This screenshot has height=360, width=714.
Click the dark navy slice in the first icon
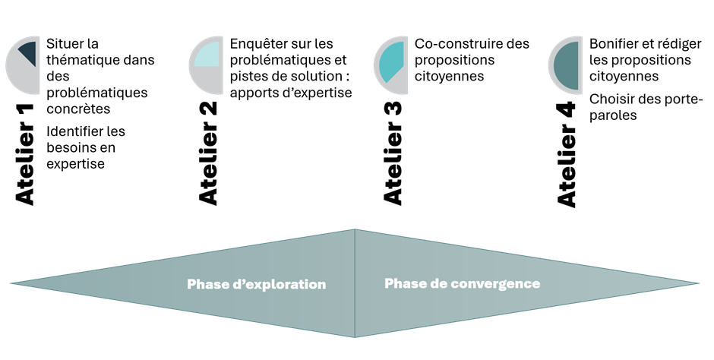tap(29, 52)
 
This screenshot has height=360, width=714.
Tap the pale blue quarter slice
tap(208, 53)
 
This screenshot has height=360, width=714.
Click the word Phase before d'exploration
tap(207, 285)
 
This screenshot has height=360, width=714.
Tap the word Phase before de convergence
tap(404, 283)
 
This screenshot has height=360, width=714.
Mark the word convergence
tap(497, 283)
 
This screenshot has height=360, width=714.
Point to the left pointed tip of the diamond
tap(11, 284)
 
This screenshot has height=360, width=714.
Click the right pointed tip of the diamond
tap(698, 284)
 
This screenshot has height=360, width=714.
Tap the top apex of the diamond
tap(355, 230)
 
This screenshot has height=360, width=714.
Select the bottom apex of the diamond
tap(355, 336)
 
